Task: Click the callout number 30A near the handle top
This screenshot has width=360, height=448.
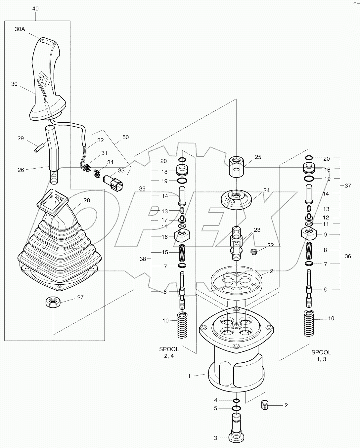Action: point(20,29)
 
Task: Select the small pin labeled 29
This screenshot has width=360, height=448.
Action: point(38,147)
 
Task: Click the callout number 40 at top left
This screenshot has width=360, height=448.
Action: point(35,9)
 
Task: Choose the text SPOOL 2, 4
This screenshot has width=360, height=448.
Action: point(169,352)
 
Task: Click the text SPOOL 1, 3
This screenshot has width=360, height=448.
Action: point(321,356)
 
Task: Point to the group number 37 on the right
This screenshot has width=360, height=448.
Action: point(348,186)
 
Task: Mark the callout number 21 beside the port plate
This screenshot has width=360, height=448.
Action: point(273,271)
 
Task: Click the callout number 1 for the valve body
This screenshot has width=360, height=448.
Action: point(189,376)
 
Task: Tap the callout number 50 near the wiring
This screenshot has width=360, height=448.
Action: point(125,137)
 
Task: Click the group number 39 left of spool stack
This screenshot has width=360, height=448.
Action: point(143,188)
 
